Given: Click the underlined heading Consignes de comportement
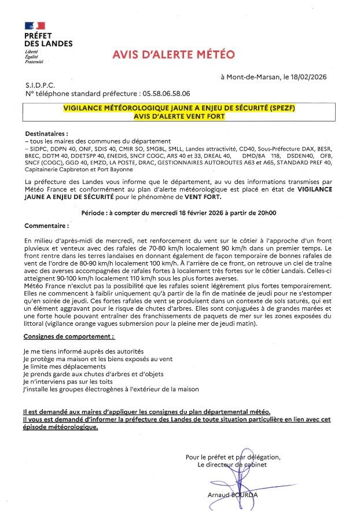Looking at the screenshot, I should [69, 336].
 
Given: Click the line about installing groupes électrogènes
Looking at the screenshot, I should [111, 389].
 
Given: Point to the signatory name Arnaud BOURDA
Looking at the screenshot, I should [232, 495].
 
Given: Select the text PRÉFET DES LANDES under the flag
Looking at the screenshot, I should [48, 40].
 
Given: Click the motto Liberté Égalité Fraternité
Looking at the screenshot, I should [34, 56].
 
